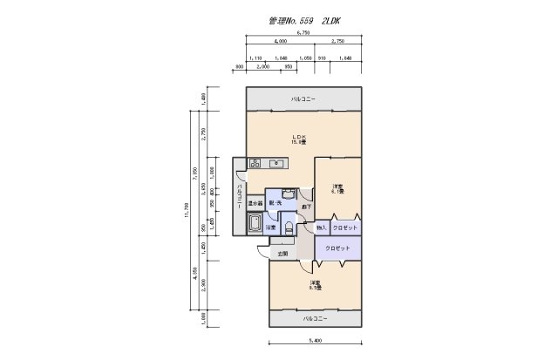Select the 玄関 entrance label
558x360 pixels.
(x=282, y=254)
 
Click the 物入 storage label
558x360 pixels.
(x=321, y=228)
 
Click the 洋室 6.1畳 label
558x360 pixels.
(x=337, y=189)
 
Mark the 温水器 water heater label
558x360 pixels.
(x=255, y=203)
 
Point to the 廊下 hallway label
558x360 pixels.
(x=307, y=207)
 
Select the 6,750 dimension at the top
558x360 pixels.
(x=303, y=32)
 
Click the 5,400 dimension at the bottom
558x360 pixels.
(x=314, y=341)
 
